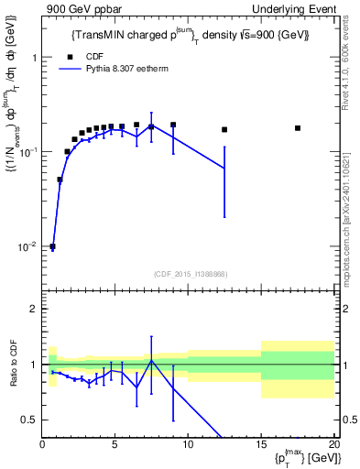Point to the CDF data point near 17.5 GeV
point(298,128)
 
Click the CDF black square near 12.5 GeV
point(224,130)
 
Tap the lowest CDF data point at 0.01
point(53,246)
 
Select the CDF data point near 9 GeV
point(173,125)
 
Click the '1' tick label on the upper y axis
point(34,57)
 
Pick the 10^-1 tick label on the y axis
point(28,152)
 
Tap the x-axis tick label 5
point(115,445)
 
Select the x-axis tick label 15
point(260,445)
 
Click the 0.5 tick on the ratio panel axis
point(31,420)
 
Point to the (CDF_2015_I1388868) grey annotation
point(190,273)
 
